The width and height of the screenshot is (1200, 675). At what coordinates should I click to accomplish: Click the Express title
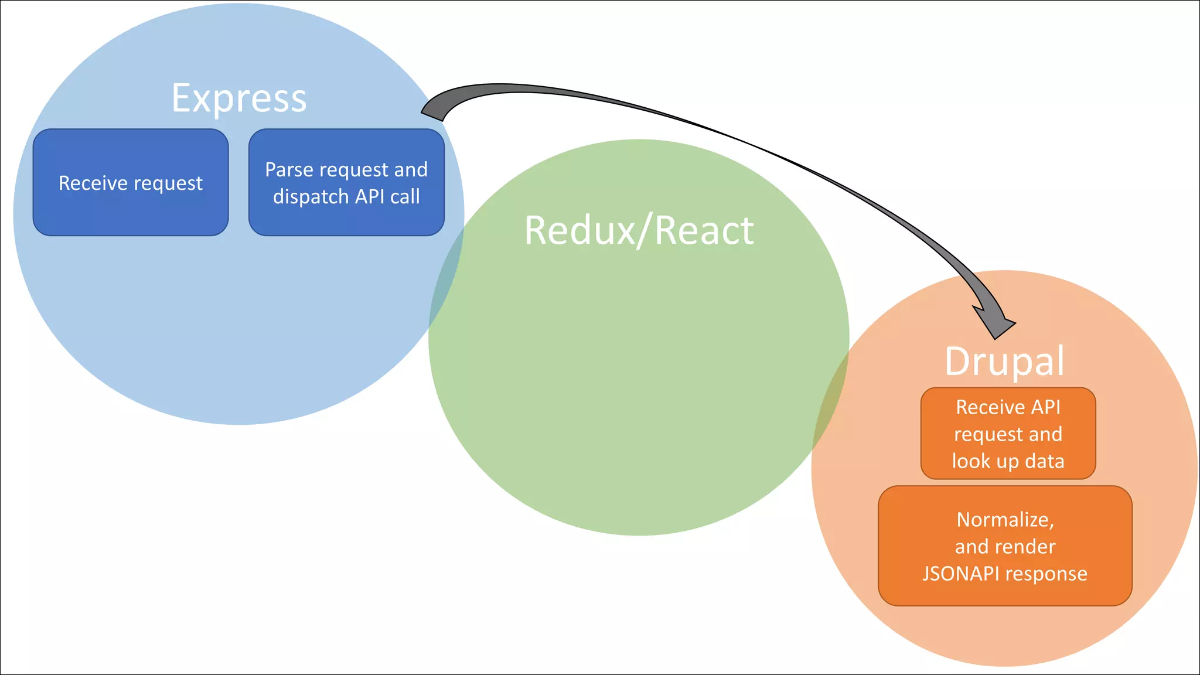[x=239, y=98]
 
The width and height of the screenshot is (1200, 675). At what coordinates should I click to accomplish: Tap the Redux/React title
[x=639, y=230]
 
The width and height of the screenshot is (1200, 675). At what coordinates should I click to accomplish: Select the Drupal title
[x=1004, y=361]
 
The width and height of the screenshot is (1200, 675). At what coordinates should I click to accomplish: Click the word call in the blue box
[x=405, y=197]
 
